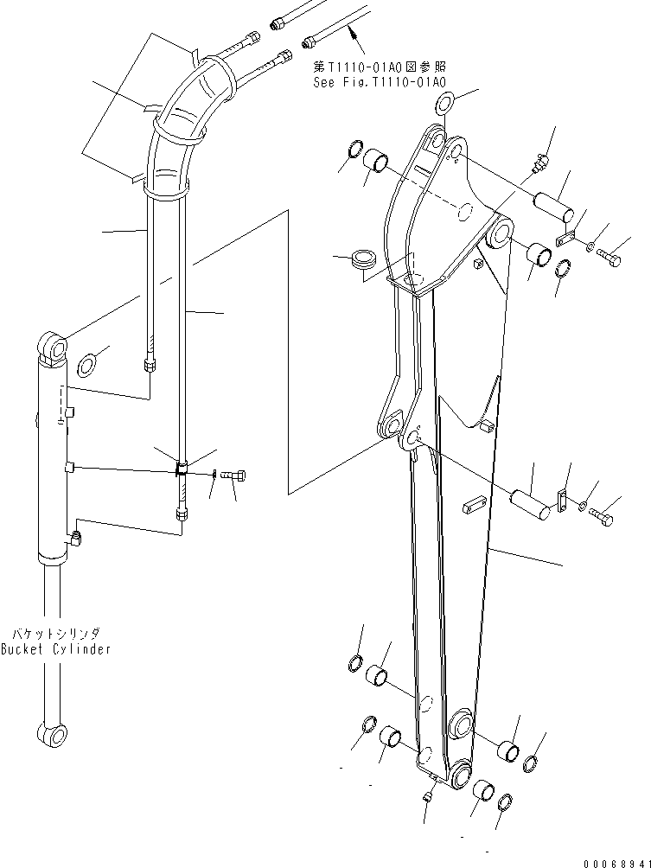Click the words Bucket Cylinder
55,649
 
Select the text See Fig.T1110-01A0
380,82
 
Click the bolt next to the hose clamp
235,474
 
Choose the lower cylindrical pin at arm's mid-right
528,503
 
